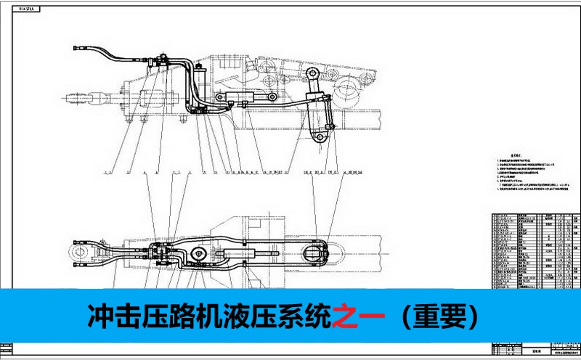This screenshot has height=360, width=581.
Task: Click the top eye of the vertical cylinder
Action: click(x=313, y=75)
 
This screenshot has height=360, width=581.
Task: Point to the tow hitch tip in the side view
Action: click(x=75, y=95)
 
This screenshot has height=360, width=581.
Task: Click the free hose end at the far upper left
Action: click(x=77, y=49)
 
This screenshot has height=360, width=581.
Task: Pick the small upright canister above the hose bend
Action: click(x=200, y=73)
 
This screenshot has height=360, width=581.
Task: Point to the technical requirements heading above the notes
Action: click(x=516, y=154)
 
